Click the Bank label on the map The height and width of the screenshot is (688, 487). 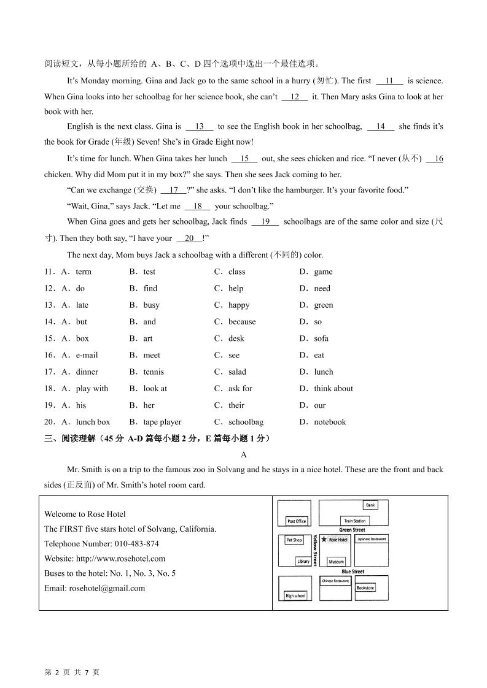click(370, 505)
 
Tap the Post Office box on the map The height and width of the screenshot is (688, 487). click(297, 521)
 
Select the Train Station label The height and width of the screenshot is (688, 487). click(354, 521)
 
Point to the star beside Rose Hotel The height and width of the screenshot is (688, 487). click(324, 540)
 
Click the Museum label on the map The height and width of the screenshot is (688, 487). click(336, 562)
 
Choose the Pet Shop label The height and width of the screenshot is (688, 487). click(294, 540)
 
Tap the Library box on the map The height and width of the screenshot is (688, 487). click(303, 562)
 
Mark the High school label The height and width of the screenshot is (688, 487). click(295, 596)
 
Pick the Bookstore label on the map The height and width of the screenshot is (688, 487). click(365, 588)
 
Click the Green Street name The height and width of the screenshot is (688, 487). click(352, 530)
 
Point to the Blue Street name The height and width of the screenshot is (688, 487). click(353, 571)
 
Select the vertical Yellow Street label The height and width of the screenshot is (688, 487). click(315, 550)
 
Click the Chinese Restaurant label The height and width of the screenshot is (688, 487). click(335, 580)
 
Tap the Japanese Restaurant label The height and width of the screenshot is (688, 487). click(372, 539)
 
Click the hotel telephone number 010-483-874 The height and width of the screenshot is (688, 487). click(136, 544)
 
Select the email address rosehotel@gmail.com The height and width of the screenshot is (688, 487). click(107, 588)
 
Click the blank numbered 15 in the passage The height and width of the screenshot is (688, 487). click(244, 159)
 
